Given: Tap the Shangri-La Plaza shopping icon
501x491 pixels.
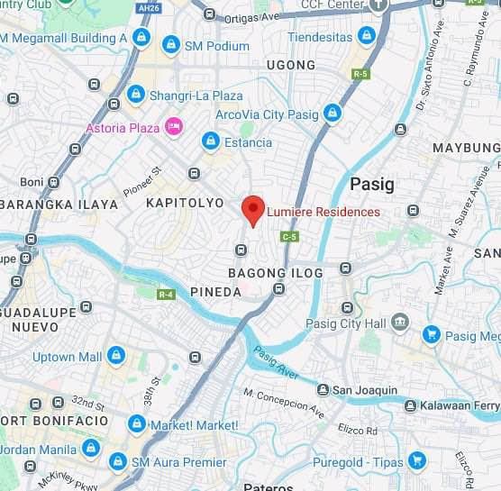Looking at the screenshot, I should (x=135, y=94).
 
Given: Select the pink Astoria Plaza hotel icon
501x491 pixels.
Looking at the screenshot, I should (x=175, y=127).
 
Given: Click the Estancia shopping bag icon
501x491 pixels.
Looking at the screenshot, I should (x=210, y=141).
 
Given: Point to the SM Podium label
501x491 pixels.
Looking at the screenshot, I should (x=216, y=45).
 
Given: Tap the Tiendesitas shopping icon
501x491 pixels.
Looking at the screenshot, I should (x=366, y=36).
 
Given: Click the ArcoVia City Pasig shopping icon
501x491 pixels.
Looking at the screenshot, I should (x=332, y=114).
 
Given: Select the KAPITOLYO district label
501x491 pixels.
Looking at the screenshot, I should (x=185, y=203).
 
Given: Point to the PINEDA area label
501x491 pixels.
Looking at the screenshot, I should (x=215, y=292).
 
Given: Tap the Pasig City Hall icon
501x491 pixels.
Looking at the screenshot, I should (x=400, y=323).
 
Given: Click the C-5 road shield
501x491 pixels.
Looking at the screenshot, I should (x=288, y=236).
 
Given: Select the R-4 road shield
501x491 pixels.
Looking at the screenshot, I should (x=166, y=294).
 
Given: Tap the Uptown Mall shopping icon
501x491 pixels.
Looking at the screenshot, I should (x=115, y=356).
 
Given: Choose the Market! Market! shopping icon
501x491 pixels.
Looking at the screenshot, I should (x=136, y=423).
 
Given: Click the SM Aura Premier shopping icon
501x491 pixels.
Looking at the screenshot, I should (x=117, y=462).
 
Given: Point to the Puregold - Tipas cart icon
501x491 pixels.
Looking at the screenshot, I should (x=415, y=461).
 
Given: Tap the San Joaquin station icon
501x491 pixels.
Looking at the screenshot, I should (x=322, y=390).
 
